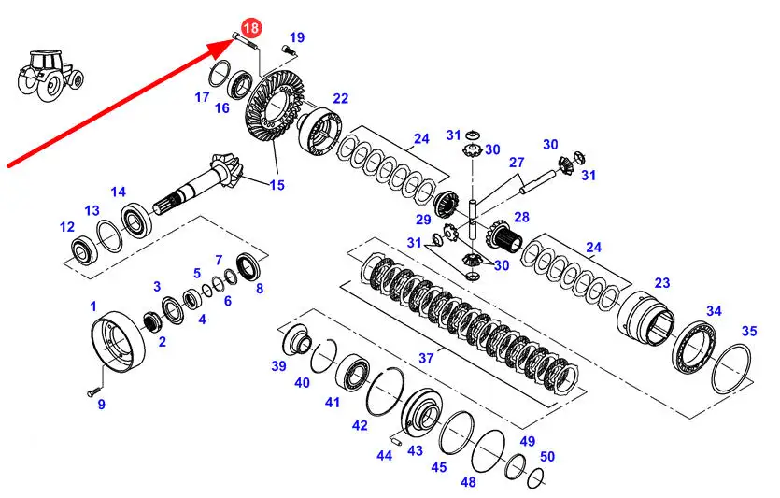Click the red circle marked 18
(251, 27)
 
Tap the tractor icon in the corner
(50, 75)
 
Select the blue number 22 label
(340, 98)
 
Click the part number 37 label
(426, 358)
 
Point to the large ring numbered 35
(730, 369)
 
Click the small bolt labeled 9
(91, 392)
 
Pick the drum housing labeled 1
(119, 341)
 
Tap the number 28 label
(522, 217)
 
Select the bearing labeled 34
(693, 348)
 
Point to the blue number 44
(384, 455)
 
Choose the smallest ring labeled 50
(535, 477)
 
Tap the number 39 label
(278, 366)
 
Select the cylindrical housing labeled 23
(645, 317)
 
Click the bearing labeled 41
(351, 373)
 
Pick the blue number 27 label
(517, 163)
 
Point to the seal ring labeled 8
(248, 266)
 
